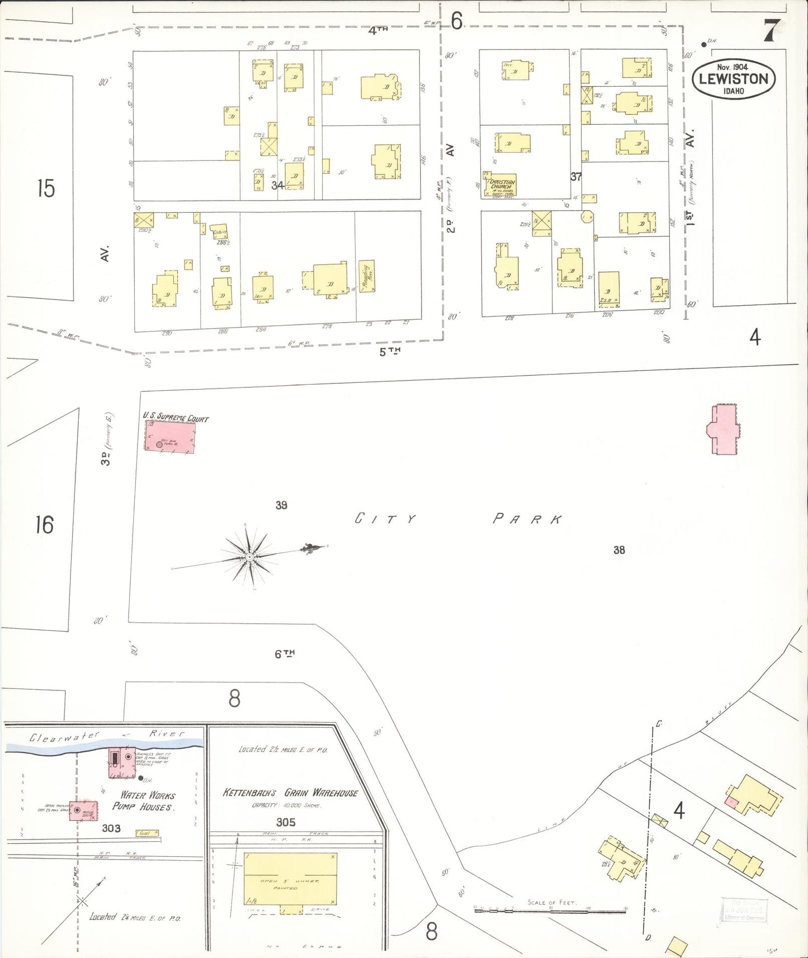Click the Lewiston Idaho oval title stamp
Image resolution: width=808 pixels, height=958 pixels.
point(734,79)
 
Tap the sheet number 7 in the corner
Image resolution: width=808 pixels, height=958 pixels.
point(772,31)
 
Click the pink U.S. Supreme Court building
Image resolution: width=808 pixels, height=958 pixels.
point(170,437)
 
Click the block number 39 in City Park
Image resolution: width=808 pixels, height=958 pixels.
point(281,505)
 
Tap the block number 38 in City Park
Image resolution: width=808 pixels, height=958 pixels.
point(619,550)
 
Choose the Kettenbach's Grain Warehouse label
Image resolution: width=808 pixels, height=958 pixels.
point(290,793)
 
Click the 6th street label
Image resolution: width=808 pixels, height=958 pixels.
point(285,654)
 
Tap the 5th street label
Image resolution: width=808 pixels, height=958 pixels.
point(390,352)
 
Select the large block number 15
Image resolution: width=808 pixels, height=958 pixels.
point(46,188)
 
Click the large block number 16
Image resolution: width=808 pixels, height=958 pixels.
point(44,525)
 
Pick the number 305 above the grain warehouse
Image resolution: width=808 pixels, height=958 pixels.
point(285,822)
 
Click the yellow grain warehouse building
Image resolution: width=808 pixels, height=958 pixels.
point(290,879)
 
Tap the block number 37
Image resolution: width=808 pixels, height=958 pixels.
point(576,177)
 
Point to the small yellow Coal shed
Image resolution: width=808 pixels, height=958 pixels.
point(147,833)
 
